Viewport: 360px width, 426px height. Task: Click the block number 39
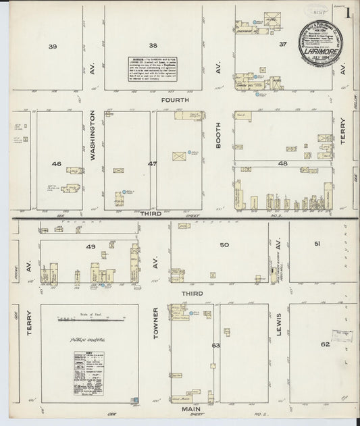pyautogui.click(x=53, y=46)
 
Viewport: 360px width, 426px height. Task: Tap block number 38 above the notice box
pyautogui.click(x=153, y=46)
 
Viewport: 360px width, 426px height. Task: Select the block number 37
pyautogui.click(x=282, y=44)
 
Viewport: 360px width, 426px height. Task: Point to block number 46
pyautogui.click(x=56, y=164)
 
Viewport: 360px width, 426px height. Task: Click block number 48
pyautogui.click(x=282, y=163)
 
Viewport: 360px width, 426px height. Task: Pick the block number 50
pyautogui.click(x=224, y=244)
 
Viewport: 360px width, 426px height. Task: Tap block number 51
pyautogui.click(x=316, y=244)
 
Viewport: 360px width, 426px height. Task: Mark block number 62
pyautogui.click(x=325, y=344)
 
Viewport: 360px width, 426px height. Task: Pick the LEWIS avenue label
pyautogui.click(x=278, y=325)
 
